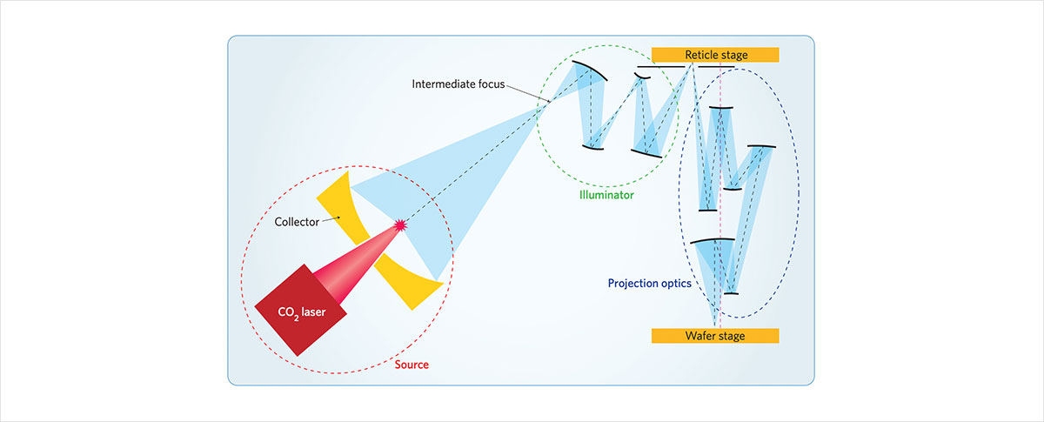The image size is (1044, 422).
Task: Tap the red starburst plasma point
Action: (x=401, y=225)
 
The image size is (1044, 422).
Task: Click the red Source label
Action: (x=412, y=365)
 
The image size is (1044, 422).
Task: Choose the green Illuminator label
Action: (x=606, y=196)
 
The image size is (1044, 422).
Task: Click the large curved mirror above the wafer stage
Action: (x=713, y=241)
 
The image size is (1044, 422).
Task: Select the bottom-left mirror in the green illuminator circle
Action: (x=593, y=146)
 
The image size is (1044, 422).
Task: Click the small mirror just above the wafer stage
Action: (x=731, y=294)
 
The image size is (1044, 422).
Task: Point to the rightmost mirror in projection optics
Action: (x=760, y=146)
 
